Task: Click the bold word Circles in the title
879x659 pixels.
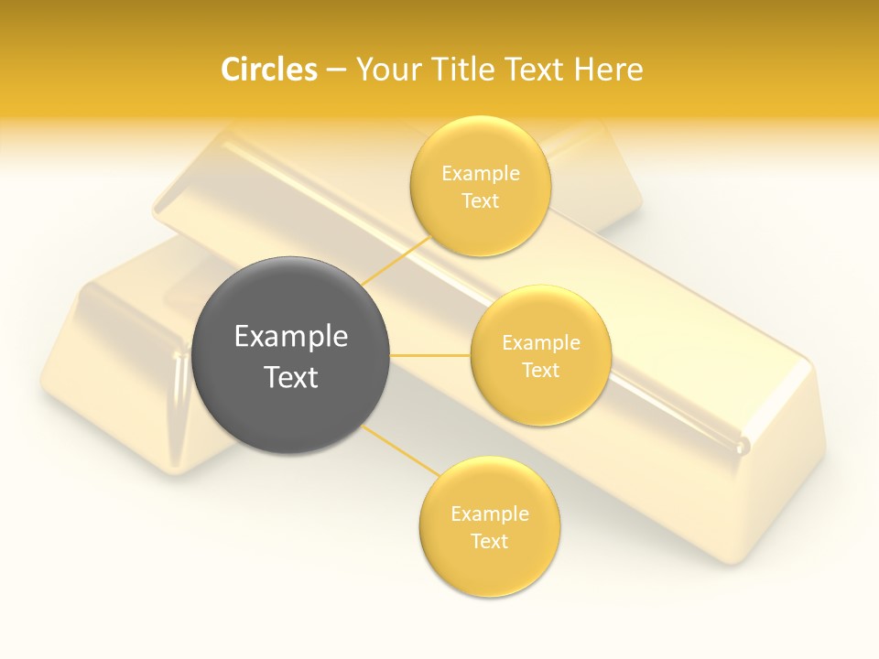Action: point(269,70)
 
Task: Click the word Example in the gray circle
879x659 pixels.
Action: point(291,337)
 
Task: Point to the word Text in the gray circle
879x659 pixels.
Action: point(291,377)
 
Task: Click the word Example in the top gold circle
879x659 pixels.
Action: point(480,174)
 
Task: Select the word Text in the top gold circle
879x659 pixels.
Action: point(480,201)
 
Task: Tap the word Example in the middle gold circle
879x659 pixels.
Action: point(540,343)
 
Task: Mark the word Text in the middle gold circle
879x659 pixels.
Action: point(540,371)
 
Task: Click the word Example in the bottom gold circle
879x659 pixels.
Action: point(489,514)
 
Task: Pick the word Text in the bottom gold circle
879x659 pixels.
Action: point(489,542)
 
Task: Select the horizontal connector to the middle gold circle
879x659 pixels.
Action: point(430,355)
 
